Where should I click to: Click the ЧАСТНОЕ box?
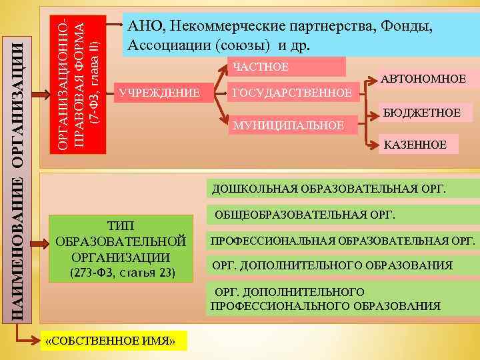(x=287, y=67)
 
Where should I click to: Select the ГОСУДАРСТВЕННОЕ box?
(x=293, y=93)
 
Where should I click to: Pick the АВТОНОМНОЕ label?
(x=423, y=79)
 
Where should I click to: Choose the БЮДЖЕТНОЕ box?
(x=420, y=113)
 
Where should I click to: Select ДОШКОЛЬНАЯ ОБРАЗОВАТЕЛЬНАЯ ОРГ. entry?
(x=329, y=189)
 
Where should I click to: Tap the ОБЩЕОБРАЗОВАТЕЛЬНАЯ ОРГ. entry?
(x=305, y=215)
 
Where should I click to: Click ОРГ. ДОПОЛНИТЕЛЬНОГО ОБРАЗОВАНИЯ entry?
(x=332, y=265)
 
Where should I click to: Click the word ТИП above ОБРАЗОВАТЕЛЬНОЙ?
(x=121, y=225)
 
